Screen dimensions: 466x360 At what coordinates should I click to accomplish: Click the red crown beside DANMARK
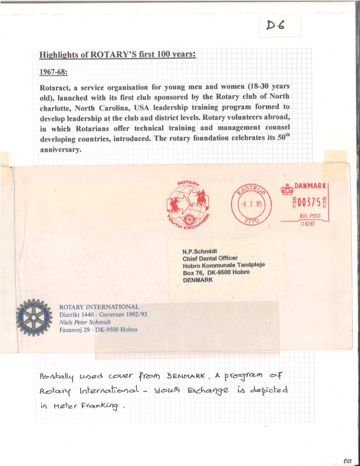pyautogui.click(x=286, y=188)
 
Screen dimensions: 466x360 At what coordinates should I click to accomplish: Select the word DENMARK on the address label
pyautogui.click(x=198, y=280)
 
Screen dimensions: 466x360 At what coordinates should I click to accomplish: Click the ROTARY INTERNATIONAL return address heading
pyautogui.click(x=99, y=307)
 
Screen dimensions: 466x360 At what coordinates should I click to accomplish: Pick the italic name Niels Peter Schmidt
pyautogui.click(x=89, y=322)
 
